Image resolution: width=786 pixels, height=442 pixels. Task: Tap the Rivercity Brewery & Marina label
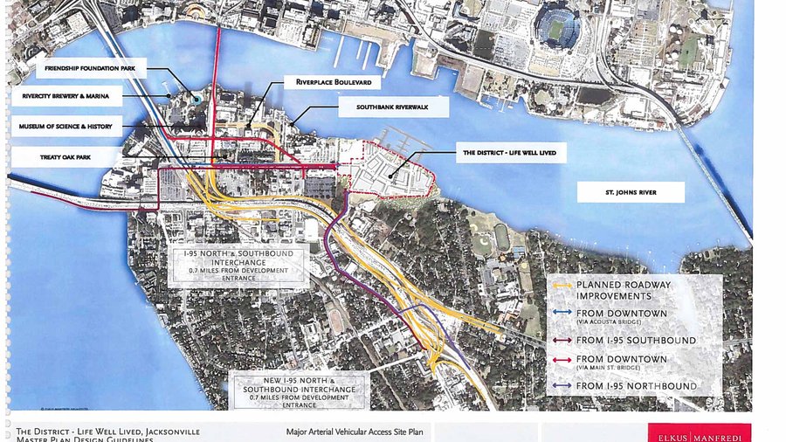point(65,96)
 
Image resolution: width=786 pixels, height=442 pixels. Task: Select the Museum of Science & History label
point(65,127)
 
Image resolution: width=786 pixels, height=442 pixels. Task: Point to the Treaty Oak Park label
point(65,157)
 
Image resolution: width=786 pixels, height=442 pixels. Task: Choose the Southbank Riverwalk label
point(394,107)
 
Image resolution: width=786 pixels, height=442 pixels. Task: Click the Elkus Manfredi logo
point(699,433)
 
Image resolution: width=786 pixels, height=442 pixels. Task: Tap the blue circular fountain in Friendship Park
point(198,99)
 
